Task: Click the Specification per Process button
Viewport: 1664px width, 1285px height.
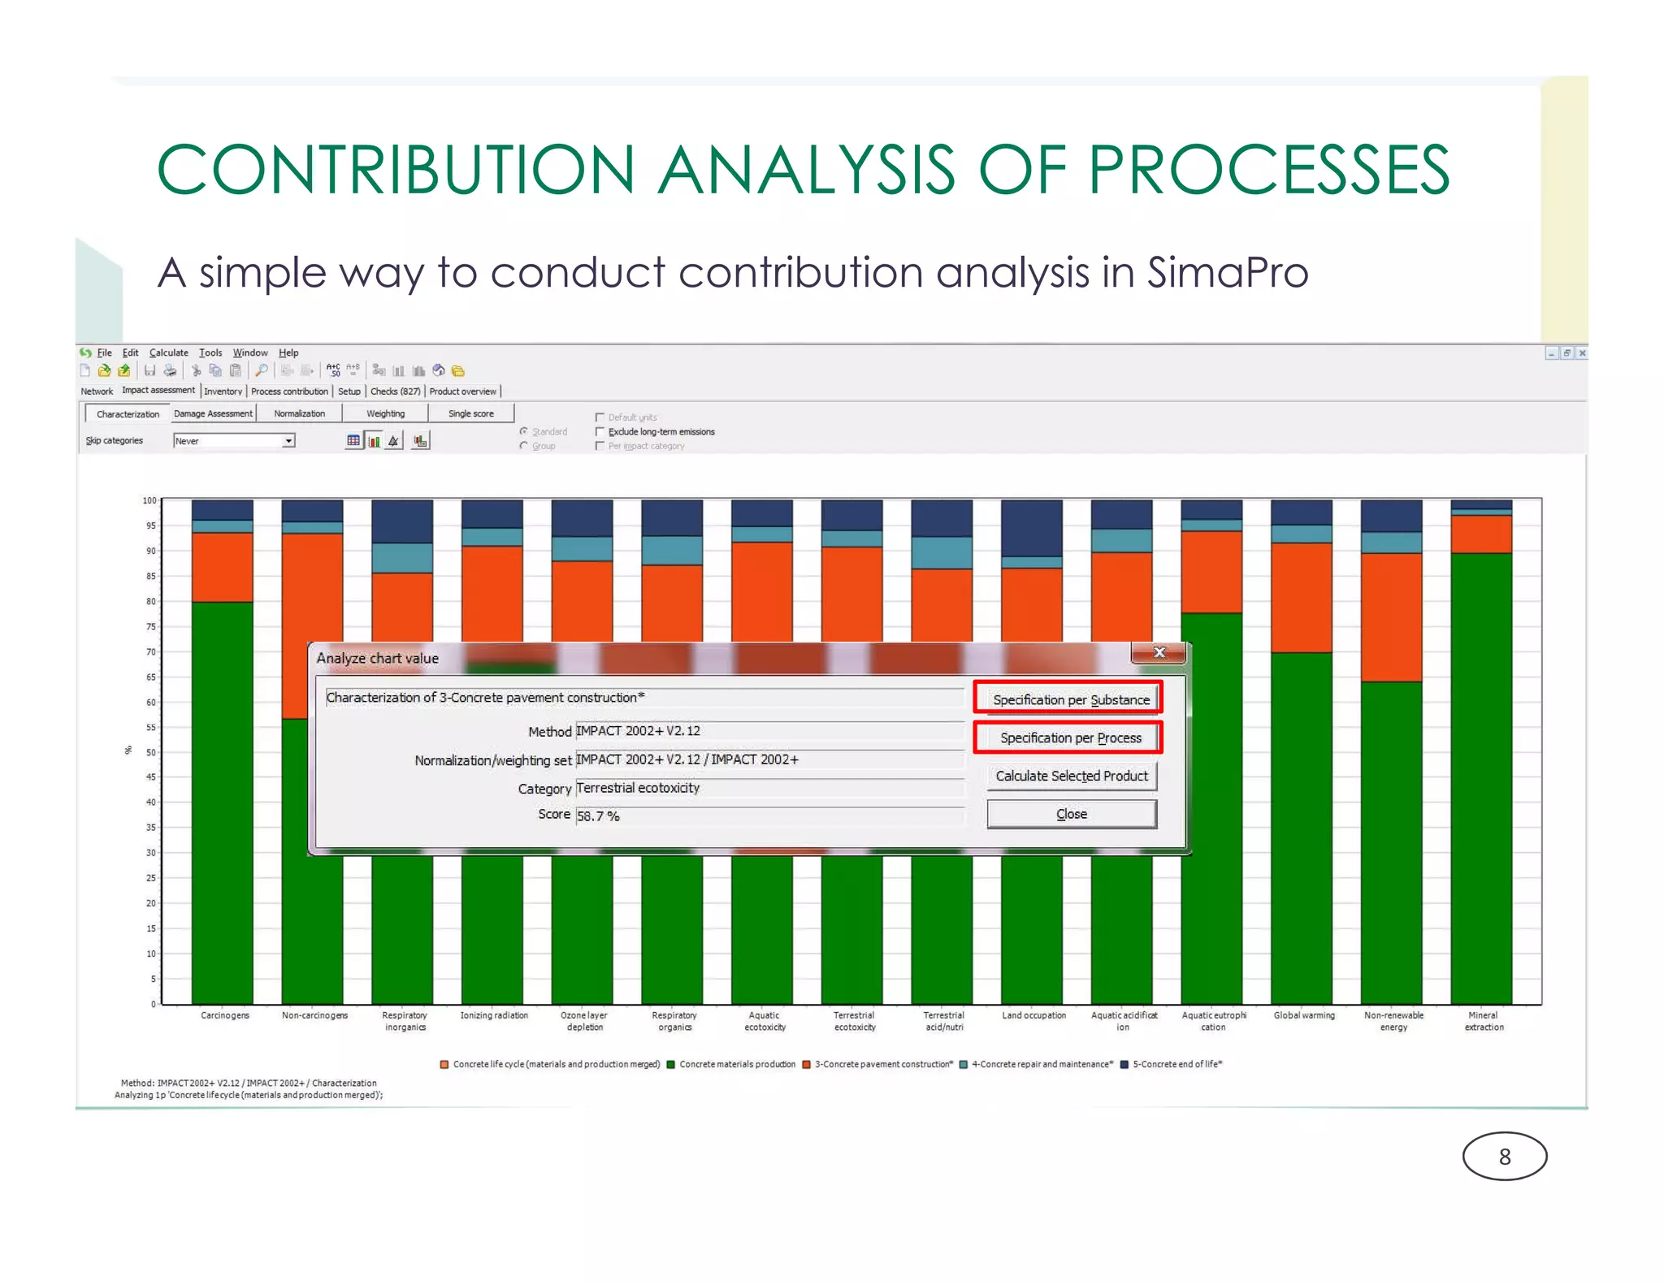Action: pyautogui.click(x=1069, y=738)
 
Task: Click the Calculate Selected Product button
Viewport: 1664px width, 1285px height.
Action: pyautogui.click(x=1071, y=776)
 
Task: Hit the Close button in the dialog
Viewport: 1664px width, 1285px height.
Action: pyautogui.click(x=1071, y=814)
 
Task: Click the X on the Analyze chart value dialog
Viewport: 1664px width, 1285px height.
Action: pyautogui.click(x=1159, y=652)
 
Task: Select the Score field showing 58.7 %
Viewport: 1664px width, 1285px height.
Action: pyautogui.click(x=769, y=816)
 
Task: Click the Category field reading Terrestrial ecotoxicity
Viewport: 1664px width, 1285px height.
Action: pyautogui.click(x=769, y=788)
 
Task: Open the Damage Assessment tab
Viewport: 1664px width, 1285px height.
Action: pyautogui.click(x=213, y=413)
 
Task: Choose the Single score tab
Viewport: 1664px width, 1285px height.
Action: pyautogui.click(x=470, y=413)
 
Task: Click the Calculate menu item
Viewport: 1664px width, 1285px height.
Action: pyautogui.click(x=168, y=353)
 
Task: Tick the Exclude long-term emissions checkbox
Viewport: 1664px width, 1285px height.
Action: pyautogui.click(x=600, y=431)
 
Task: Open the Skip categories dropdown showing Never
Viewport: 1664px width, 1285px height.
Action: pyautogui.click(x=288, y=441)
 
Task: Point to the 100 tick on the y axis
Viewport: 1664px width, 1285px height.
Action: pyautogui.click(x=149, y=500)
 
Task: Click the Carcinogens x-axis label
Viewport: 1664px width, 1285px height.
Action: pyautogui.click(x=225, y=1015)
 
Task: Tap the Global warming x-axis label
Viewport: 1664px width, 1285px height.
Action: pyautogui.click(x=1303, y=1015)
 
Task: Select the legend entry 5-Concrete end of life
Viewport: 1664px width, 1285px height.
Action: pyautogui.click(x=1176, y=1064)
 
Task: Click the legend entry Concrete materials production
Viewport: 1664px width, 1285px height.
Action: pyautogui.click(x=736, y=1064)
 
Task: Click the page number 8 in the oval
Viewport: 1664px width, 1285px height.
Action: pyautogui.click(x=1504, y=1157)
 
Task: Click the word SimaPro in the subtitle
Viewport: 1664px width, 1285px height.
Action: pyautogui.click(x=1227, y=273)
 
